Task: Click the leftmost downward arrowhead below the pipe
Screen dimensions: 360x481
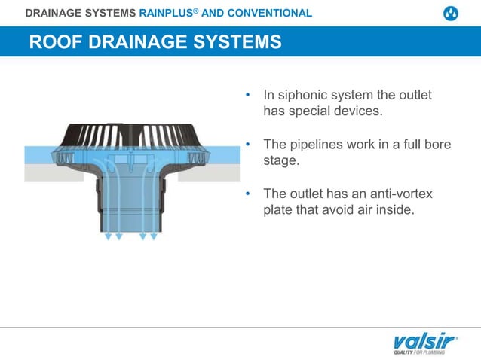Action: [108, 236]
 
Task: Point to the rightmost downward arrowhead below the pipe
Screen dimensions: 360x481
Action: [154, 236]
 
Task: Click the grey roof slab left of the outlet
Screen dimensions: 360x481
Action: [45, 172]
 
